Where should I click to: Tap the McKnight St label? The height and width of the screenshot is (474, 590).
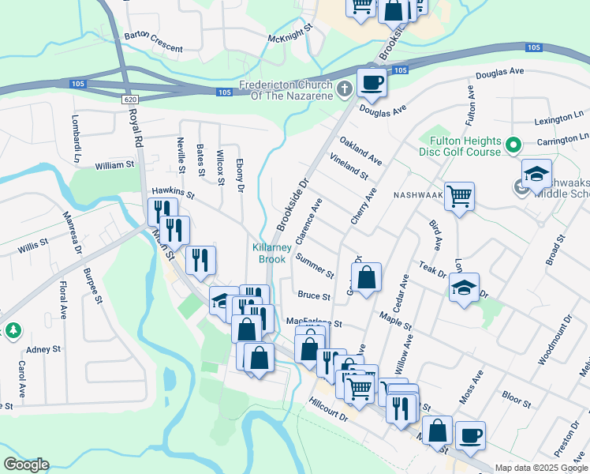click(290, 37)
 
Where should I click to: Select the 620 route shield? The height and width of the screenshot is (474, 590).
click(130, 99)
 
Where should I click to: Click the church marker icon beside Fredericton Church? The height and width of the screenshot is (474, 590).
click(344, 88)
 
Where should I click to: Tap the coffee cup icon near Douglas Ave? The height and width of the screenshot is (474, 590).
click(372, 81)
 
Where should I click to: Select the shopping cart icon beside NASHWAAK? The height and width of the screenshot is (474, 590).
click(459, 195)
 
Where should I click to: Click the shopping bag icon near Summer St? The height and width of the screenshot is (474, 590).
click(366, 277)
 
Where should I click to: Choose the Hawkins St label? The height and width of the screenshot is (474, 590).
click(173, 190)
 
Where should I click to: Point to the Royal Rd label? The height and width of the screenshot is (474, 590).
click(136, 126)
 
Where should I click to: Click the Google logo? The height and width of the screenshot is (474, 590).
click(26, 465)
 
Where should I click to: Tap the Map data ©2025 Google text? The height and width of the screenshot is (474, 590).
click(541, 468)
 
